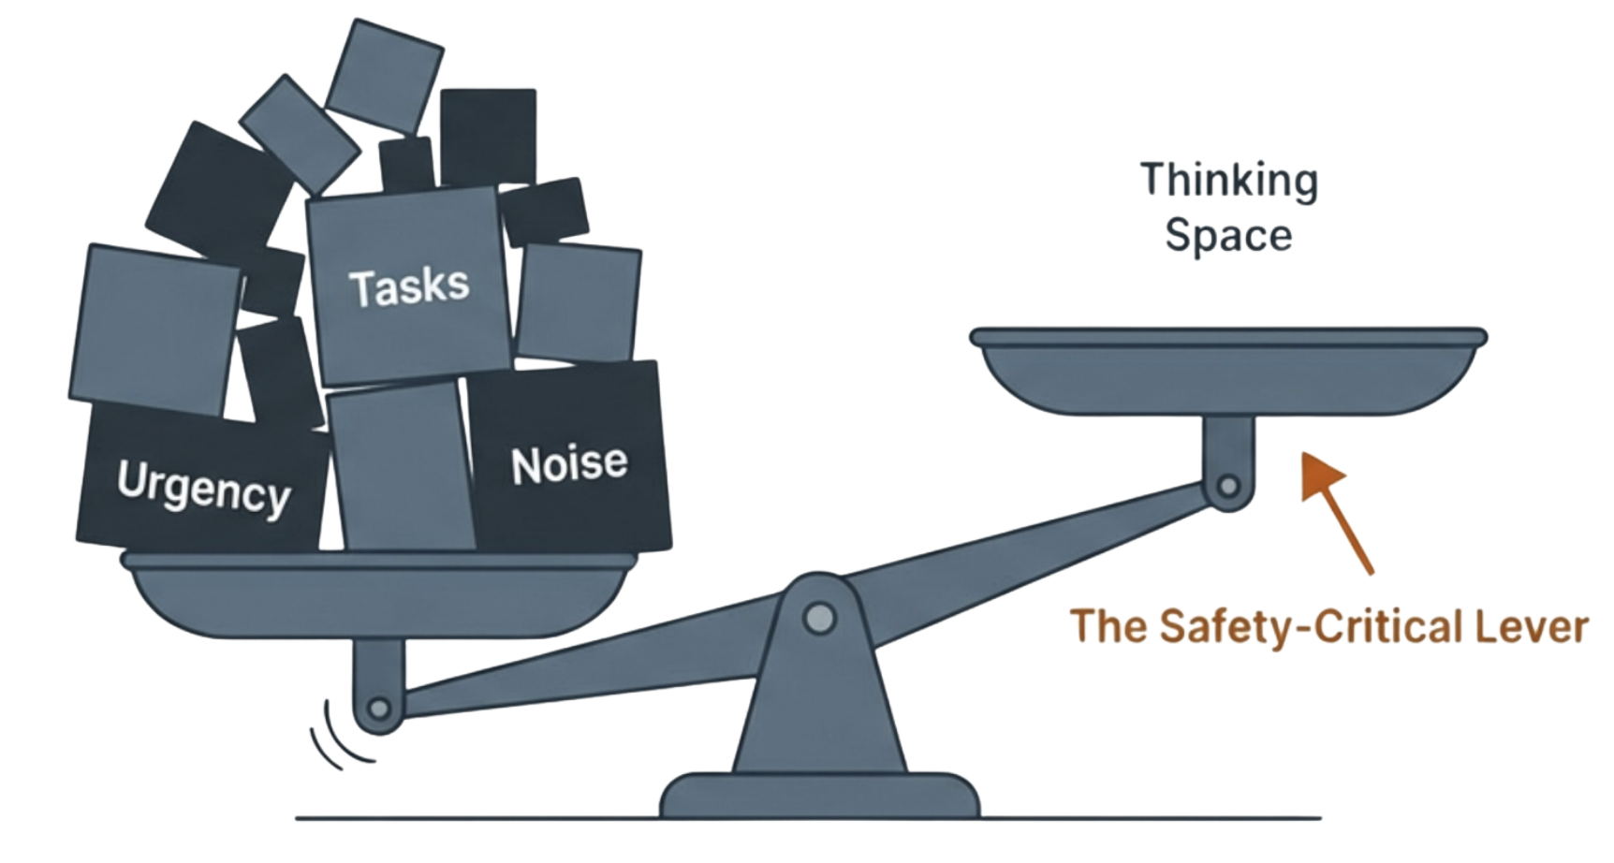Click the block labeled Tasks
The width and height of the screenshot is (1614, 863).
[408, 285]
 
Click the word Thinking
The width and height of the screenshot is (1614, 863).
[1228, 181]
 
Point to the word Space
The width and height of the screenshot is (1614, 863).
[1228, 235]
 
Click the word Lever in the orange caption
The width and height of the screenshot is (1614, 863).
[1532, 626]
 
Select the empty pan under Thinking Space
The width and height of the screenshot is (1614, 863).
[1227, 374]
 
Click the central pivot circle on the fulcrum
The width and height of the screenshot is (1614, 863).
[819, 618]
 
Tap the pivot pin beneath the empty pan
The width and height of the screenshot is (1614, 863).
[1227, 486]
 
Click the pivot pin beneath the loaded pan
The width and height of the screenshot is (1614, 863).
[378, 708]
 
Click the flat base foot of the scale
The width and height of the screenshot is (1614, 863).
[819, 796]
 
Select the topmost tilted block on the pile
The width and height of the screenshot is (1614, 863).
[384, 75]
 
